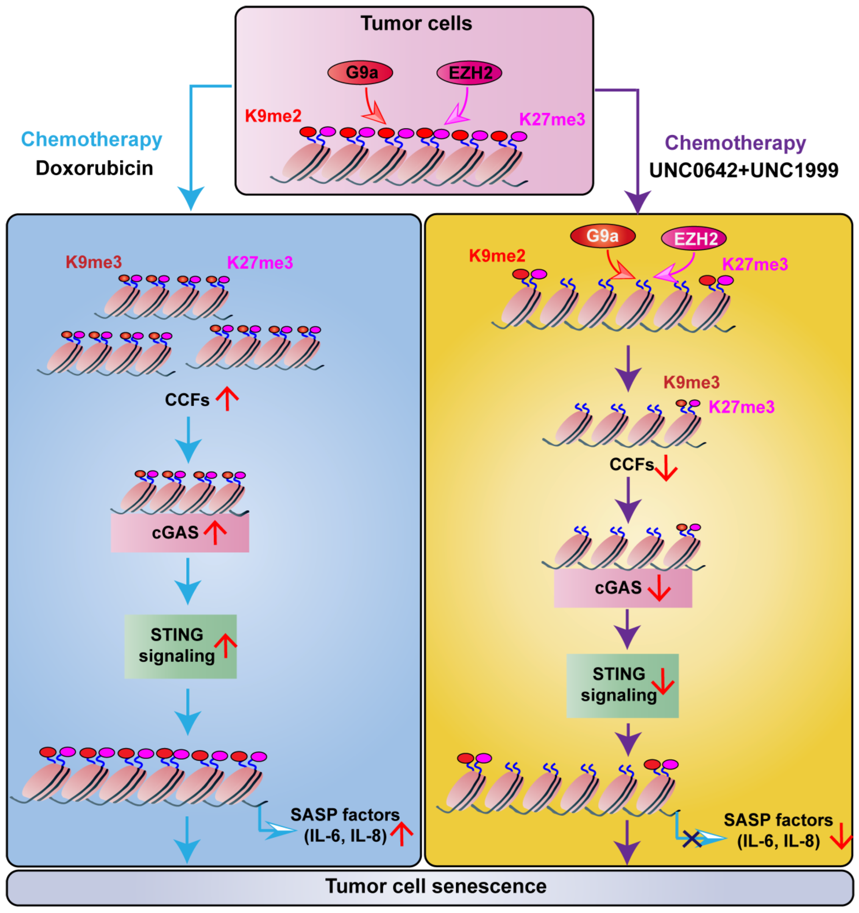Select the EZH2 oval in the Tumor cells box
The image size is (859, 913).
[x=469, y=73]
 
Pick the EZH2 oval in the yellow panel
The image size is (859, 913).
[x=693, y=238]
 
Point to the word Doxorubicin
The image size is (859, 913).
[x=94, y=168]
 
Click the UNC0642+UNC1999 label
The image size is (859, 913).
[x=743, y=170]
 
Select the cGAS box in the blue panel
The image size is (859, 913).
[x=180, y=533]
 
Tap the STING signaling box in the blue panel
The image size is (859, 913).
[x=180, y=646]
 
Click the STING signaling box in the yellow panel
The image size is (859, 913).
[x=622, y=686]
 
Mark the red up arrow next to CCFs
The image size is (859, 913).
[x=227, y=398]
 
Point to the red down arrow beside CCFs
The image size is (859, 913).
[x=665, y=469]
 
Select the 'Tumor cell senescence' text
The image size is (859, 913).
[x=436, y=886]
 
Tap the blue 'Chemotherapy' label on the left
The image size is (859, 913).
[x=91, y=139]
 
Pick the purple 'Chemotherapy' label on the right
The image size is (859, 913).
[x=735, y=143]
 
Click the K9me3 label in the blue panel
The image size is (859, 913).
[x=94, y=262]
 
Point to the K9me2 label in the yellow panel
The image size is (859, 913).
[x=497, y=256]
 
